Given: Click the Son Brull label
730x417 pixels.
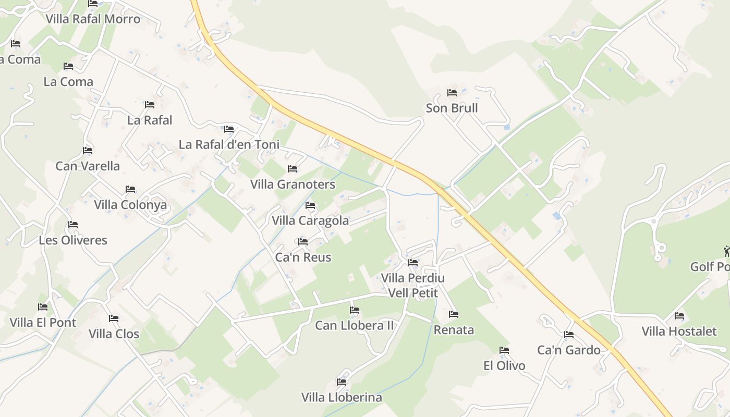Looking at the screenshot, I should coord(452,108).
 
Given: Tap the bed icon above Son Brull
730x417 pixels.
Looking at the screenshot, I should coord(452,93).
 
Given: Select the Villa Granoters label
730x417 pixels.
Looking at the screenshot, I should coord(293,185).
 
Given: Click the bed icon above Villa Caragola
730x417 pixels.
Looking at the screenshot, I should coord(310,205).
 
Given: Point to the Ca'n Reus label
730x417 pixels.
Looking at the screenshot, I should coord(303,257).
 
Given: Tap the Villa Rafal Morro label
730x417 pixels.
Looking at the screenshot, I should coord(93,19).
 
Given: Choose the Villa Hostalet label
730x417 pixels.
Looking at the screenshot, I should coord(679,332).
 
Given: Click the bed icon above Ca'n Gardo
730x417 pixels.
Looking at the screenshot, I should coord(569,335).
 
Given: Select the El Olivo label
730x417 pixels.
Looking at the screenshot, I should coord(504,366).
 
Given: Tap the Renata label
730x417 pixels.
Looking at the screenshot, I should coord(454,330).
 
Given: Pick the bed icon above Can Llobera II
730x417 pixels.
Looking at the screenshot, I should coord(355,310).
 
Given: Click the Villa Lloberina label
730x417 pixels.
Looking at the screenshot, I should coord(342,398).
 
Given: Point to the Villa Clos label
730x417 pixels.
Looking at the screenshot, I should coord(114,334).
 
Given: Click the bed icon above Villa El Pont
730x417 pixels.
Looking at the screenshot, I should coord(43,307).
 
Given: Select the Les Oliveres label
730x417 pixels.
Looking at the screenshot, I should coord(73,241).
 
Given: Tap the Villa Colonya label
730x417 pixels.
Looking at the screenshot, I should coord(130,205).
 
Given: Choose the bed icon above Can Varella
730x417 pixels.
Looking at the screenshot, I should coord(88,151).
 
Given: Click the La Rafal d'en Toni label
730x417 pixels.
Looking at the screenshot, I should coord(229,145).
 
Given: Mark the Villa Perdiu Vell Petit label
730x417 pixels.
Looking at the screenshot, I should coord(413,286).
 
